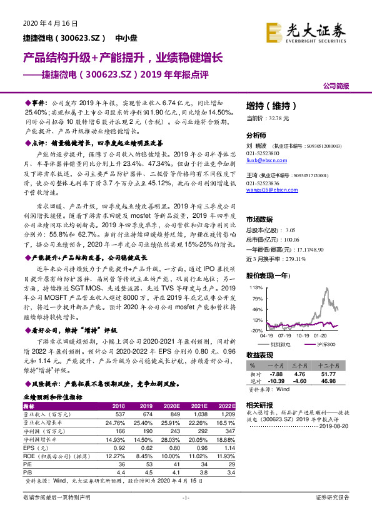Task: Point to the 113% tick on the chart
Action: [256, 287]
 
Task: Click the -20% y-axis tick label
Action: [256, 330]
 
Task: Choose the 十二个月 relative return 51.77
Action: [329, 373]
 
